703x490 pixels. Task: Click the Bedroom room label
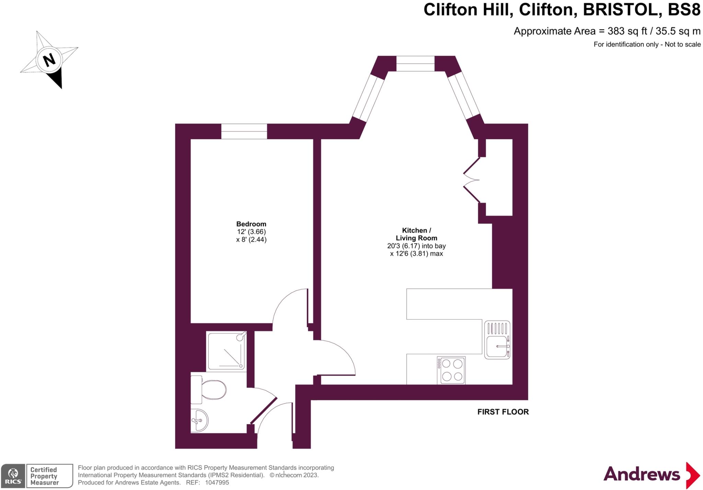[x=251, y=224]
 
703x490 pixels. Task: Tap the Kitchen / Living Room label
[x=416, y=234]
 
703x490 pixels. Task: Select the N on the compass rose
[x=49, y=60]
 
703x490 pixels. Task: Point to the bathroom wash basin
[x=199, y=420]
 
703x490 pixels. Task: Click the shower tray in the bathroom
[x=227, y=351]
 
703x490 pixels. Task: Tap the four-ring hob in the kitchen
[x=451, y=370]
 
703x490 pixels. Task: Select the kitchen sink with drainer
[x=497, y=340]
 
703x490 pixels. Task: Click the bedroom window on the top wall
[x=244, y=132]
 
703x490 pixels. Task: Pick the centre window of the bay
[x=415, y=64]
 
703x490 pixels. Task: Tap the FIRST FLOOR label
[x=503, y=412]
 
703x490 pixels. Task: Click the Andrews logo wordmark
[x=642, y=474]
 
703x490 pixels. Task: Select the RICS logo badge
[x=13, y=476]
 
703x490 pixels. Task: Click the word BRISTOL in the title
[x=622, y=10]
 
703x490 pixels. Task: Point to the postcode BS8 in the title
[x=684, y=10]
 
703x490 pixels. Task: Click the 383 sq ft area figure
[x=627, y=31]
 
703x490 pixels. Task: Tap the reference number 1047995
[x=217, y=482]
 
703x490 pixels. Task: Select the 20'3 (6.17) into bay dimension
[x=416, y=246]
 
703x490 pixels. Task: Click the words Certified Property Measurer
[x=44, y=476]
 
